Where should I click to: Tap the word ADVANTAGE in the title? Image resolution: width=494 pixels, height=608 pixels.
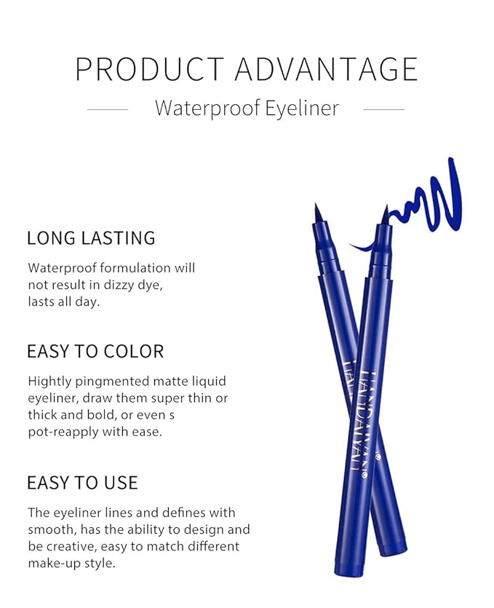pyautogui.click(x=327, y=68)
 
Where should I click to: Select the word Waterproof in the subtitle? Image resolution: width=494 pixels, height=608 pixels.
pyautogui.click(x=199, y=109)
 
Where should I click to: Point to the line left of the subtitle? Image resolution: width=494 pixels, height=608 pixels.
pyautogui.click(x=108, y=110)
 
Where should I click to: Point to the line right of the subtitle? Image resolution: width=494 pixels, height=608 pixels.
pyautogui.click(x=383, y=110)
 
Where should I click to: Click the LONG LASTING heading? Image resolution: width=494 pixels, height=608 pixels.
pyautogui.click(x=91, y=238)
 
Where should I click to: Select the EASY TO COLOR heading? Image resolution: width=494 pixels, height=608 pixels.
pyautogui.click(x=95, y=351)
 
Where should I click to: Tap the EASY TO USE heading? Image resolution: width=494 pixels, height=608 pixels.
pyautogui.click(x=82, y=483)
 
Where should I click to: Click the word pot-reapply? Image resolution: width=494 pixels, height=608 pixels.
pyautogui.click(x=65, y=432)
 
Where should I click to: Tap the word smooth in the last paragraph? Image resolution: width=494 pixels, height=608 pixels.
pyautogui.click(x=50, y=529)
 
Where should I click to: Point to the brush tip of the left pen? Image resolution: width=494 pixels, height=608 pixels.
pyautogui.click(x=318, y=213)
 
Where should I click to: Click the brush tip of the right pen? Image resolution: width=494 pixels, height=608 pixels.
pyautogui.click(x=385, y=215)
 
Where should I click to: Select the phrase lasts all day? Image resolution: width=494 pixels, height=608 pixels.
pyautogui.click(x=63, y=302)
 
